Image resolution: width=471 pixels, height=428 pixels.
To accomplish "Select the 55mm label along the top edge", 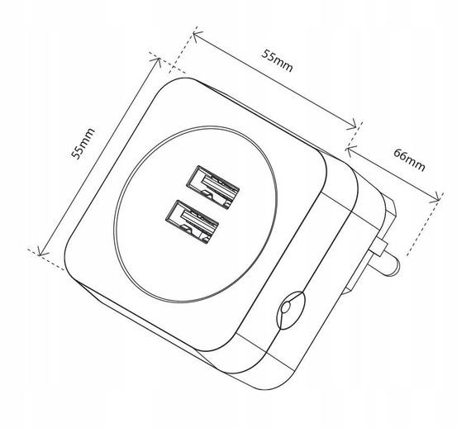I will tap(278, 59).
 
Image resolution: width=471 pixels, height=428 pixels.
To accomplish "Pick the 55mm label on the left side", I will tap(82, 141).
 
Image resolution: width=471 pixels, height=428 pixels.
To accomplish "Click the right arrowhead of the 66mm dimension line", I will tap(438, 199).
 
